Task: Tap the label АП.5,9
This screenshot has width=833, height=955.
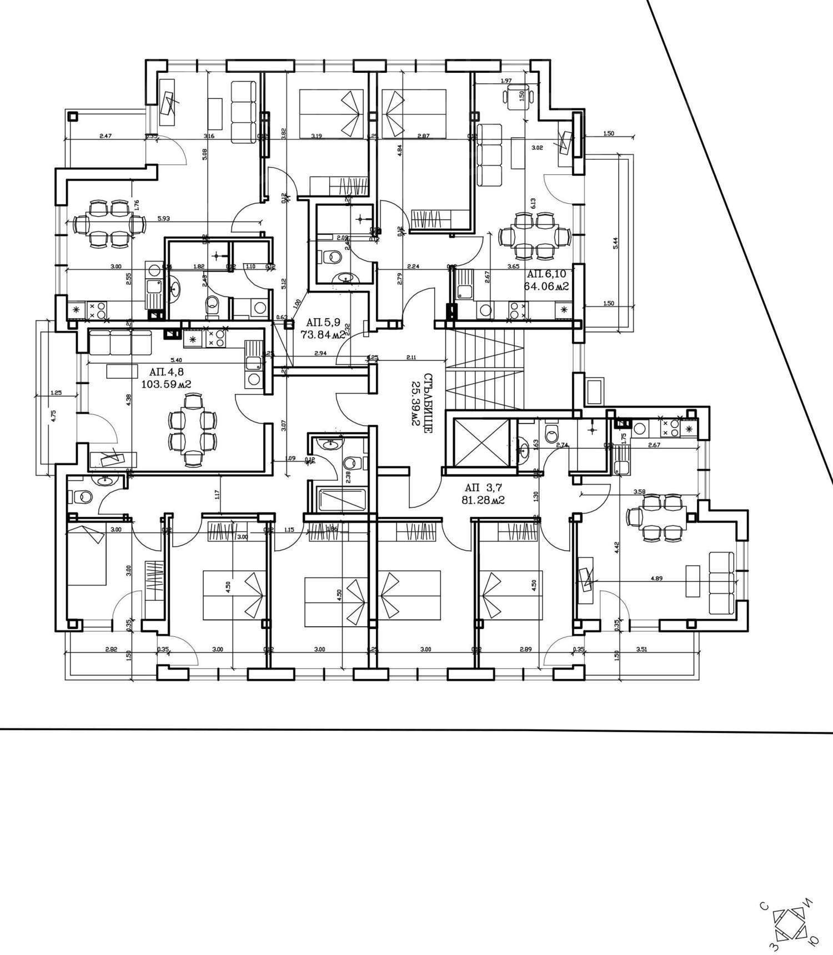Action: [x=323, y=322]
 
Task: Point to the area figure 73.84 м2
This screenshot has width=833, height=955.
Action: [x=323, y=335]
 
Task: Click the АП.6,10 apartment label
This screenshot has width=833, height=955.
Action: [x=546, y=274]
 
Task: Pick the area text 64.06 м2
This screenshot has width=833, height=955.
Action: [x=546, y=287]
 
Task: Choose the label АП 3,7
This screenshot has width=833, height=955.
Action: [x=483, y=487]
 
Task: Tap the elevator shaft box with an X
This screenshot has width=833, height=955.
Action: [x=481, y=442]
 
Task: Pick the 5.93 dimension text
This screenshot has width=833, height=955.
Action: [x=163, y=219]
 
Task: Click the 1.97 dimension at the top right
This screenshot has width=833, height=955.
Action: [x=506, y=81]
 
